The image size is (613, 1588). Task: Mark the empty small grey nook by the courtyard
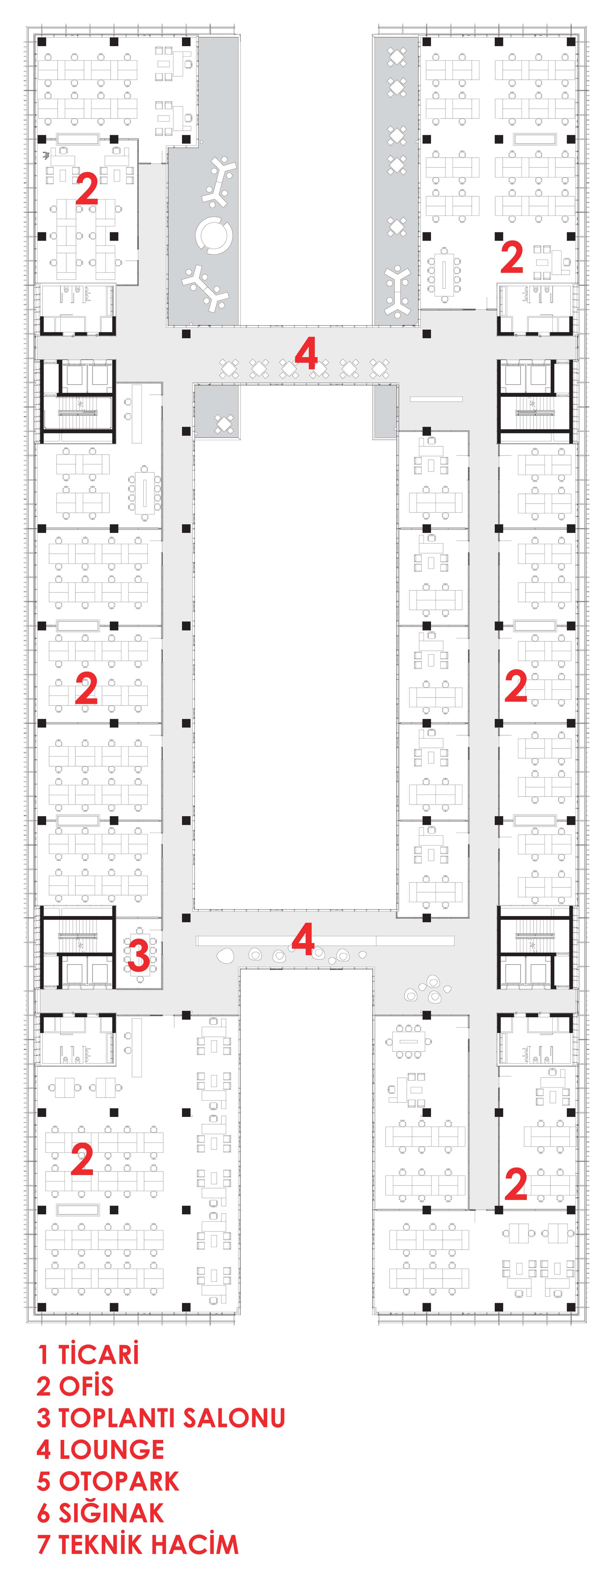(x=385, y=411)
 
